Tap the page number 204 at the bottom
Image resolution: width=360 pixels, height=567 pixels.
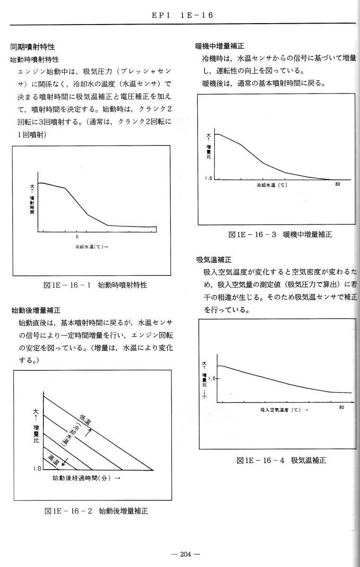(x=187, y=554)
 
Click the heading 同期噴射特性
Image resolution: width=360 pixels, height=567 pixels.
(x=33, y=47)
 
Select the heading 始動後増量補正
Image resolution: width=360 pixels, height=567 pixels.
(x=36, y=310)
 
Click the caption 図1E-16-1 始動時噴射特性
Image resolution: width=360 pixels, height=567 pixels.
(x=94, y=285)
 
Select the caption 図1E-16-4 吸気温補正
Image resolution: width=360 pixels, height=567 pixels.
(x=281, y=460)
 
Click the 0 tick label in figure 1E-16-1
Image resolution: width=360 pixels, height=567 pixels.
(x=77, y=236)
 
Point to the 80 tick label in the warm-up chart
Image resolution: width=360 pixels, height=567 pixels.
(x=337, y=185)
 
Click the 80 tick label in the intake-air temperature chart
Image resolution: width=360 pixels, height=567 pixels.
(x=341, y=408)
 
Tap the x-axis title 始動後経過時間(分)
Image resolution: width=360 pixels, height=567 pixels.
(x=86, y=478)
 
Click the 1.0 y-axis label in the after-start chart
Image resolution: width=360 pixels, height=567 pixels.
(x=37, y=469)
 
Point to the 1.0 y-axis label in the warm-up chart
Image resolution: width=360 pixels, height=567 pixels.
(x=208, y=179)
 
